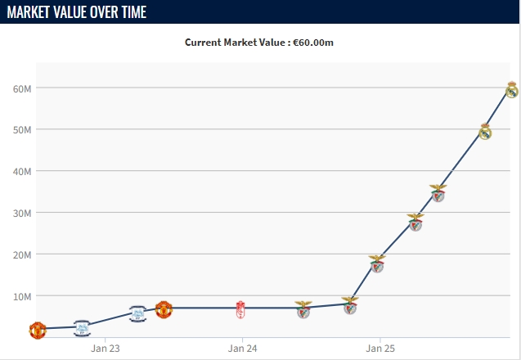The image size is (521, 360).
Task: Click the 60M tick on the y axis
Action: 21,88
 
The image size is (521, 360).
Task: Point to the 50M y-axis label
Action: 21,129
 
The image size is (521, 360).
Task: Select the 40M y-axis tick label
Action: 21,171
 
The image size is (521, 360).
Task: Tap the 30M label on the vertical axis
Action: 21,213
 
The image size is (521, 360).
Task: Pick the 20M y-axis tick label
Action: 21,254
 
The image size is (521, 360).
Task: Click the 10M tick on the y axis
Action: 21,295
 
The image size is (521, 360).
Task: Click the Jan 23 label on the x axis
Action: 105,349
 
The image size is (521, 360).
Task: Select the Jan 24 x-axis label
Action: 242,349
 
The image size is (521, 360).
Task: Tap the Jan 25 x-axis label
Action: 380,349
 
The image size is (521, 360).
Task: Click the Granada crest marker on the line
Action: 240,308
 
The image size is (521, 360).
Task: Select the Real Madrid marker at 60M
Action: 511,89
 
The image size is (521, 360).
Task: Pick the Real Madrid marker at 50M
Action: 485,131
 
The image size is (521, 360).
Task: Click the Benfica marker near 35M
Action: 438,193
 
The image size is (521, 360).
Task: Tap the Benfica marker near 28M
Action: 415,222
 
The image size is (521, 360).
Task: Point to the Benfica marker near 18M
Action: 376,263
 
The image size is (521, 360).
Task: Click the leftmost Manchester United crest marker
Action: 38,331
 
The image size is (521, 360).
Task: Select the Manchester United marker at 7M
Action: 164,309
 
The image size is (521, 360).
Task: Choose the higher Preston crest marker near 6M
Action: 138,313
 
